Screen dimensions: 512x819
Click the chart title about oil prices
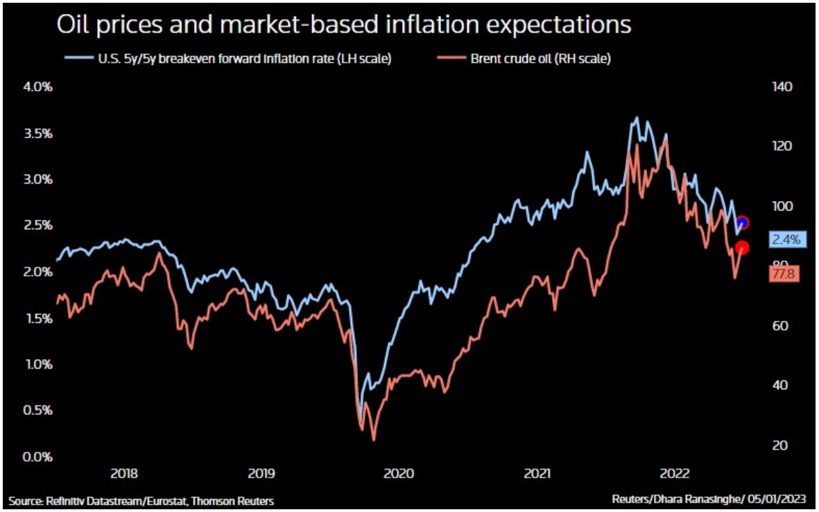click(344, 26)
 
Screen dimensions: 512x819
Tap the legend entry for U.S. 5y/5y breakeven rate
click(230, 59)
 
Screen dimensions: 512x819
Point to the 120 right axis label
click(781, 147)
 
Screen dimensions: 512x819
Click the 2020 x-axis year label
click(399, 474)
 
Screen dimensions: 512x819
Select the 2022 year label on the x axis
click(674, 474)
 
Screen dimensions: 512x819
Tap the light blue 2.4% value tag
click(786, 240)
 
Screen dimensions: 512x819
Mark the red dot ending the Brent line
click(742, 247)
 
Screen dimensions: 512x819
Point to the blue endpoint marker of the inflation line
click(742, 223)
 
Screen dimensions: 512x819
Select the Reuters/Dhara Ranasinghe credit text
click(711, 500)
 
